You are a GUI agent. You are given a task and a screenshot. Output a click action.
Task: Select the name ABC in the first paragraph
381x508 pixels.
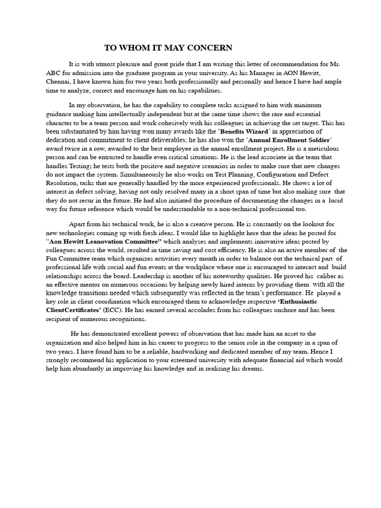(54, 73)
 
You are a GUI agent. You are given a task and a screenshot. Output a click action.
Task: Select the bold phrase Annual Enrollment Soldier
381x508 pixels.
(289, 140)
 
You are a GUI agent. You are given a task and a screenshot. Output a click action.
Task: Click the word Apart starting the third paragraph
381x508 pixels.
(78, 224)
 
